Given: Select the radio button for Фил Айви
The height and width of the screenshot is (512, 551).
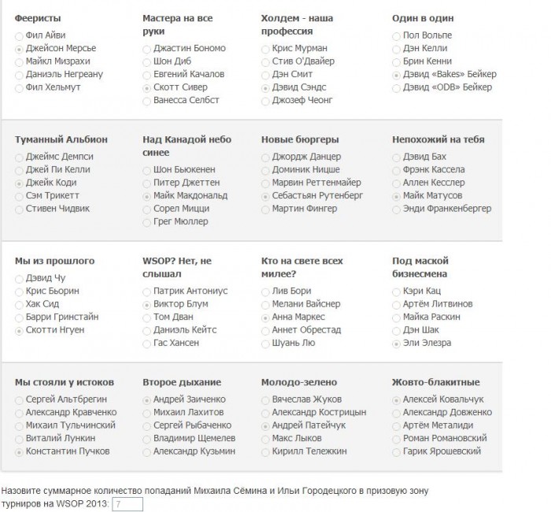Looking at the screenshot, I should click(19, 35).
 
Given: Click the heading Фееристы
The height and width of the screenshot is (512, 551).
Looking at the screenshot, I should click(38, 17).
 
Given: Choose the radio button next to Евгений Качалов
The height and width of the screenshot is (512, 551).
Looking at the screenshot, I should click(147, 74).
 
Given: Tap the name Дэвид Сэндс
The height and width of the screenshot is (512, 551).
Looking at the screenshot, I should click(298, 87).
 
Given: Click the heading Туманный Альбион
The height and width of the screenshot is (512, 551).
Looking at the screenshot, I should click(61, 139).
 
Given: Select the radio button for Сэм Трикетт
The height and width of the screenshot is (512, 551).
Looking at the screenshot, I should click(19, 195).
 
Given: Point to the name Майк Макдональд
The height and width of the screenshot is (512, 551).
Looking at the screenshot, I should click(190, 195).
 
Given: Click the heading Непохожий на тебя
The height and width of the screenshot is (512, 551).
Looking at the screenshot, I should click(438, 139).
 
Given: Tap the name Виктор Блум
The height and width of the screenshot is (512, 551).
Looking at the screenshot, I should click(180, 303).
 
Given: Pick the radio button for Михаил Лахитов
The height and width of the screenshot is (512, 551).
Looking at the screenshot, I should click(147, 413).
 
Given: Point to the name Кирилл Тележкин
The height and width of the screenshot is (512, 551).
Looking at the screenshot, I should click(309, 451).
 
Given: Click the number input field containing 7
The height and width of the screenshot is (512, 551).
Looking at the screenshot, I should click(127, 503).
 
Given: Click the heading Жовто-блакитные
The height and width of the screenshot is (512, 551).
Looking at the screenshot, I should click(436, 382).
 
